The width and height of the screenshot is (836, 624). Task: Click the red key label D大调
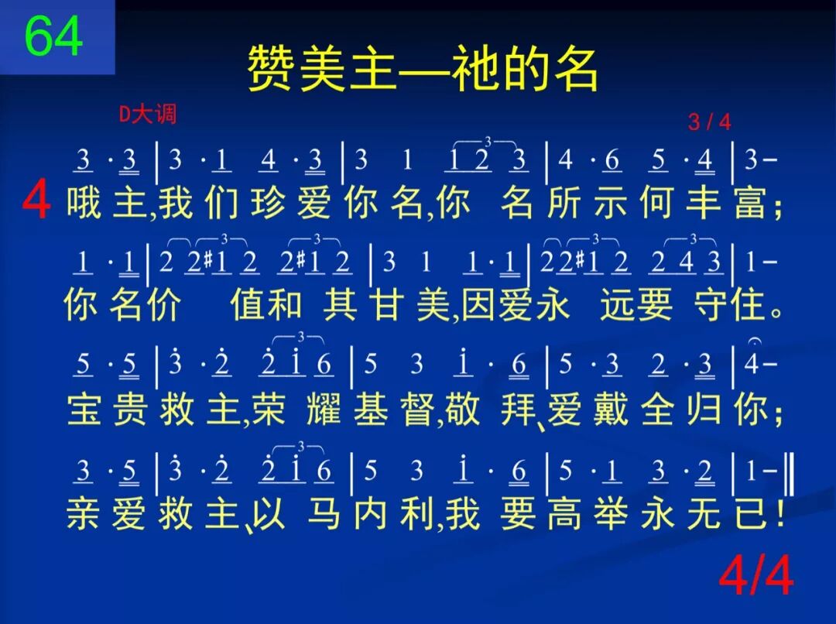(148, 115)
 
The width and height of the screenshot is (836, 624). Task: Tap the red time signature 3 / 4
(709, 122)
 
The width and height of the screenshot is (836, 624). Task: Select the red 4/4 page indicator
(756, 577)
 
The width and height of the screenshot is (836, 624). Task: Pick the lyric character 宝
(84, 410)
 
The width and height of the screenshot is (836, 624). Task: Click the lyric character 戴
(611, 410)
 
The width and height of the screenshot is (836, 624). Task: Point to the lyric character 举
(611, 514)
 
